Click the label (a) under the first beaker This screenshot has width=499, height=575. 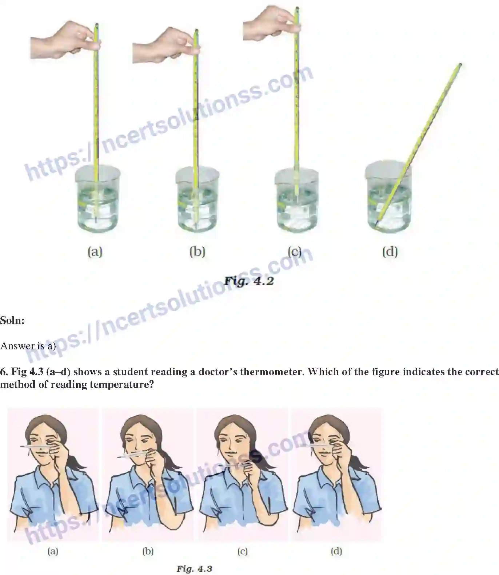tap(95, 251)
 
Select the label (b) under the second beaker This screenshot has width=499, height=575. tap(197, 251)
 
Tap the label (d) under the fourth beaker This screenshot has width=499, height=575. tap(390, 251)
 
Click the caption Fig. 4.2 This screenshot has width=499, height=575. tap(249, 281)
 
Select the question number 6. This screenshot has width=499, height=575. tap(4, 372)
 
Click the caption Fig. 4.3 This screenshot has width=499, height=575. tap(194, 568)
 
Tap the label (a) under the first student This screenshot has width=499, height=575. tap(53, 551)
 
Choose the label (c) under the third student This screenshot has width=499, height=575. tap(243, 551)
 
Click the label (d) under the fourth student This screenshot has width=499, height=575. tap(336, 551)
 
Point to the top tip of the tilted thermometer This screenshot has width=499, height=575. tap(460, 65)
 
